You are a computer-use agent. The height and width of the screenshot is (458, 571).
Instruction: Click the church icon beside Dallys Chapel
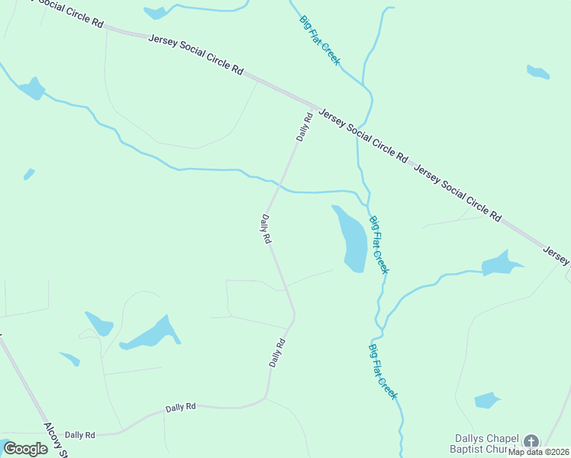point(531,440)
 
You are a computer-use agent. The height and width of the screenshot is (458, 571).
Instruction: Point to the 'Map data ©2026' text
point(538,452)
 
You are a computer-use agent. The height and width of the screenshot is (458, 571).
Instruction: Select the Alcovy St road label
point(56,440)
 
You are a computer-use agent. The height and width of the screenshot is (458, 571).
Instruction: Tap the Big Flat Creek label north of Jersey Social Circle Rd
point(319,40)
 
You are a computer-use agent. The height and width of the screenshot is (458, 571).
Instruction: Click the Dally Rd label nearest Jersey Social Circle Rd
point(305,127)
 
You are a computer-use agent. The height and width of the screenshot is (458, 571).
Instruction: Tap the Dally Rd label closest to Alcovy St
point(79,434)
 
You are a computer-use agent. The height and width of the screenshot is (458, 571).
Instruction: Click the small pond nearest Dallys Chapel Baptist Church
point(486,400)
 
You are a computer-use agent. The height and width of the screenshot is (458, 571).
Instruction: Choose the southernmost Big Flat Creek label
point(382,372)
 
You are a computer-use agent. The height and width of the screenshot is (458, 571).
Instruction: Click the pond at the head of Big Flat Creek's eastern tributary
point(500,264)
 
